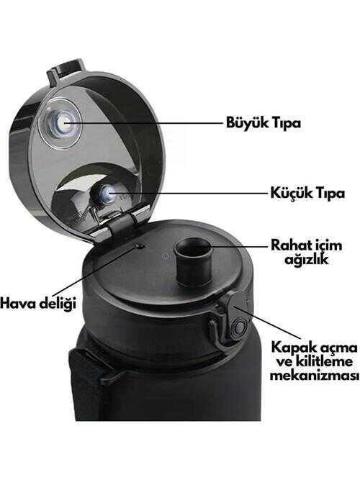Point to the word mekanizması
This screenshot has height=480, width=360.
coord(315,376)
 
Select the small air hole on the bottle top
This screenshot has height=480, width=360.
coord(140,246)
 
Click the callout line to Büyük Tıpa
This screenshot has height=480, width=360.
coord(143,124)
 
